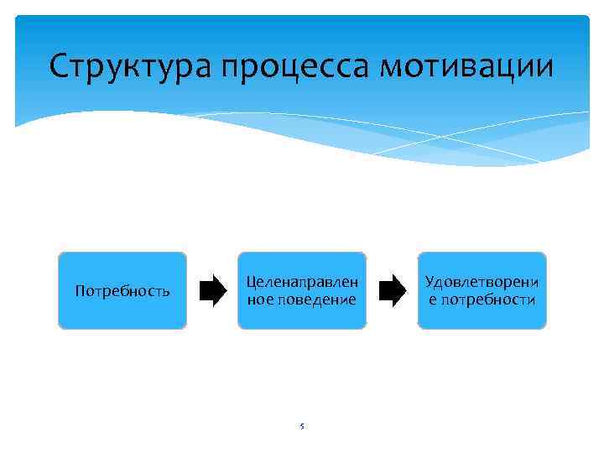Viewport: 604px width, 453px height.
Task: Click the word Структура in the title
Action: [130, 66]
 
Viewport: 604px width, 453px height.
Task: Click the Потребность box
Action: [122, 290]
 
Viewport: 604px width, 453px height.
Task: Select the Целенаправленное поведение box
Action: [302, 290]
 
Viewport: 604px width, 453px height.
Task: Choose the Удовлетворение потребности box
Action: [482, 290]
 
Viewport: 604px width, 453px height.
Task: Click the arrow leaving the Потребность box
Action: [212, 290]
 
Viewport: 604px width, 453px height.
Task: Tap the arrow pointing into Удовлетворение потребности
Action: [393, 290]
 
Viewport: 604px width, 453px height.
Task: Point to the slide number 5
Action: [302, 427]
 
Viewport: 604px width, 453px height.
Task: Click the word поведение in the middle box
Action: [316, 299]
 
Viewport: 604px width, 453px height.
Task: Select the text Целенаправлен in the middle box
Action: [302, 282]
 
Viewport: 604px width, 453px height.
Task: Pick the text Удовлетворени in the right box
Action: [482, 282]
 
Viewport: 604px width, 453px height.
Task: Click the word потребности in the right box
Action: [489, 299]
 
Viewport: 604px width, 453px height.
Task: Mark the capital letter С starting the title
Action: [58, 65]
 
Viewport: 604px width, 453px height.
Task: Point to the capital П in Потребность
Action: [80, 291]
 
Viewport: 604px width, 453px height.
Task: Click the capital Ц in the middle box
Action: [250, 283]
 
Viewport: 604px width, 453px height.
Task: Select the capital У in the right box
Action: [430, 282]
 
